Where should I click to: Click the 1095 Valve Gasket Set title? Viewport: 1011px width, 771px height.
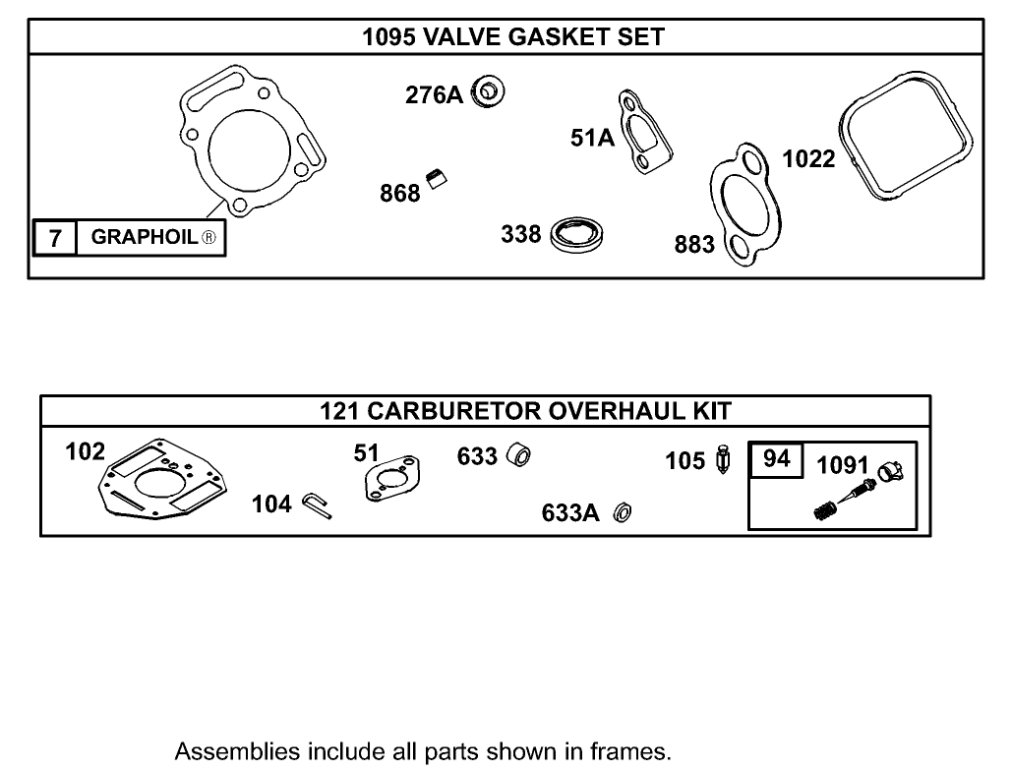(x=512, y=38)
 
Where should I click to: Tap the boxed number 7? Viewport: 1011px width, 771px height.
(x=55, y=237)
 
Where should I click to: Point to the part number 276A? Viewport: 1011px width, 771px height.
(x=434, y=94)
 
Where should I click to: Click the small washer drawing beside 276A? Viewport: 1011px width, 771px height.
(x=489, y=92)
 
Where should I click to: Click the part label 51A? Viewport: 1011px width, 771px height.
(x=592, y=139)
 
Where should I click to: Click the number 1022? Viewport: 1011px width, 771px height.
(x=807, y=158)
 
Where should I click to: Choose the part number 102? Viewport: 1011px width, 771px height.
(x=85, y=451)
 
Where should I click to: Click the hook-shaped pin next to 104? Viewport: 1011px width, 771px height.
(x=318, y=504)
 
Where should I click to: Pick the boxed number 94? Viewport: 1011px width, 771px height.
(x=777, y=459)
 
